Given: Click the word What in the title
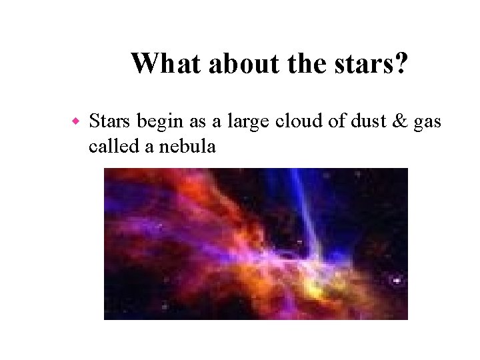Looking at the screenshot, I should coord(167,64).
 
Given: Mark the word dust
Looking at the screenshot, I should coord(362,121).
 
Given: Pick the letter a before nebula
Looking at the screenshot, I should coord(149,147).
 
